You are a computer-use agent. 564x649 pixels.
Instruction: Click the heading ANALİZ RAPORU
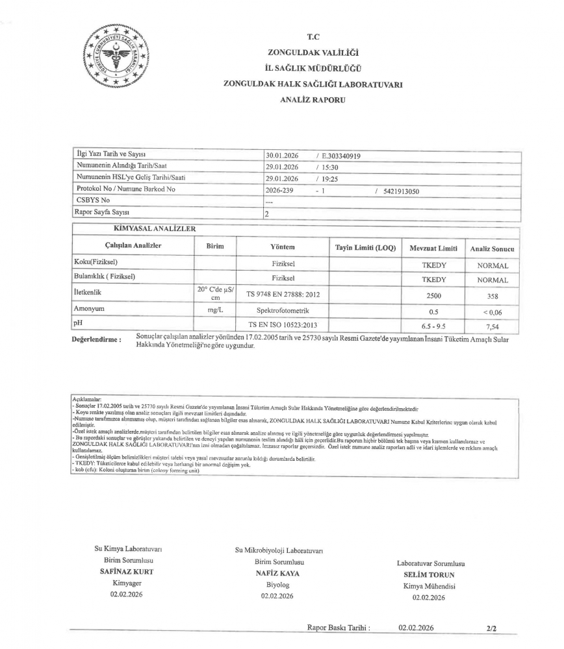click(313, 100)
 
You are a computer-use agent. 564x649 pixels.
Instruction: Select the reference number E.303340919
click(342, 156)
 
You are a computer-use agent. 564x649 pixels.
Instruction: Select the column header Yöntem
click(283, 247)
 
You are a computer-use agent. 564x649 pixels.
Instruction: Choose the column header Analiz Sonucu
click(492, 249)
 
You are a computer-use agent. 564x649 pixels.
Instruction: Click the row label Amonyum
click(90, 310)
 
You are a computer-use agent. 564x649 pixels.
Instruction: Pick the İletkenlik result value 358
click(493, 295)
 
